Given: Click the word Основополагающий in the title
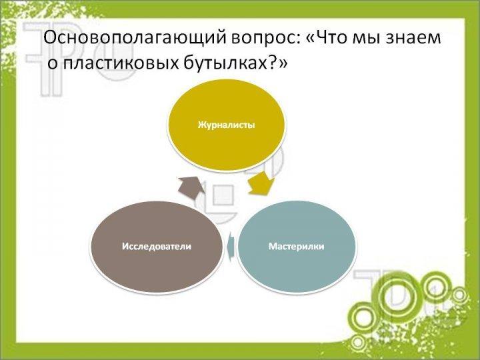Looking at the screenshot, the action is (134, 39).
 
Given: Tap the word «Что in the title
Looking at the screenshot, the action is (327, 38).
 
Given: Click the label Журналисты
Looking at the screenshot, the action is (226, 125).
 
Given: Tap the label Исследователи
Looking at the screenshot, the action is (157, 247).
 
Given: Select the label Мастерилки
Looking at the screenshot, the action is (296, 247).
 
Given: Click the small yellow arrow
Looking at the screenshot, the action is (261, 184).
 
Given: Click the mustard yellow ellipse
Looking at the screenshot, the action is (226, 125).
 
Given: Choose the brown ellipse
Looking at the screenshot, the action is (157, 247).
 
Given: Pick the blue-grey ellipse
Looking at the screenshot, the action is (297, 247).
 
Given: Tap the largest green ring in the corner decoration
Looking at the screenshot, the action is (399, 292).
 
